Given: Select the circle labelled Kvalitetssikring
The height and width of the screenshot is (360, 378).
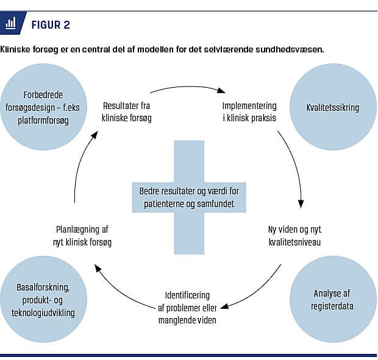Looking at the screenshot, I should [332, 108].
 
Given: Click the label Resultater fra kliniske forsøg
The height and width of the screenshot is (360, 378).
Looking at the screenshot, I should [127, 111].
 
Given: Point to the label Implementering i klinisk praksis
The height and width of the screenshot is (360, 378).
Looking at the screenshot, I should [249, 111].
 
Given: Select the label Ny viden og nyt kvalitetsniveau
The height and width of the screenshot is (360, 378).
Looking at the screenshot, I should [294, 236].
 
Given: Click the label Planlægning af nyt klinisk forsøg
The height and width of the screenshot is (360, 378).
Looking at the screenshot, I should [82, 236].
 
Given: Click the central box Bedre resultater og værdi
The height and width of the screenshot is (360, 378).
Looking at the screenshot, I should [188, 197].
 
